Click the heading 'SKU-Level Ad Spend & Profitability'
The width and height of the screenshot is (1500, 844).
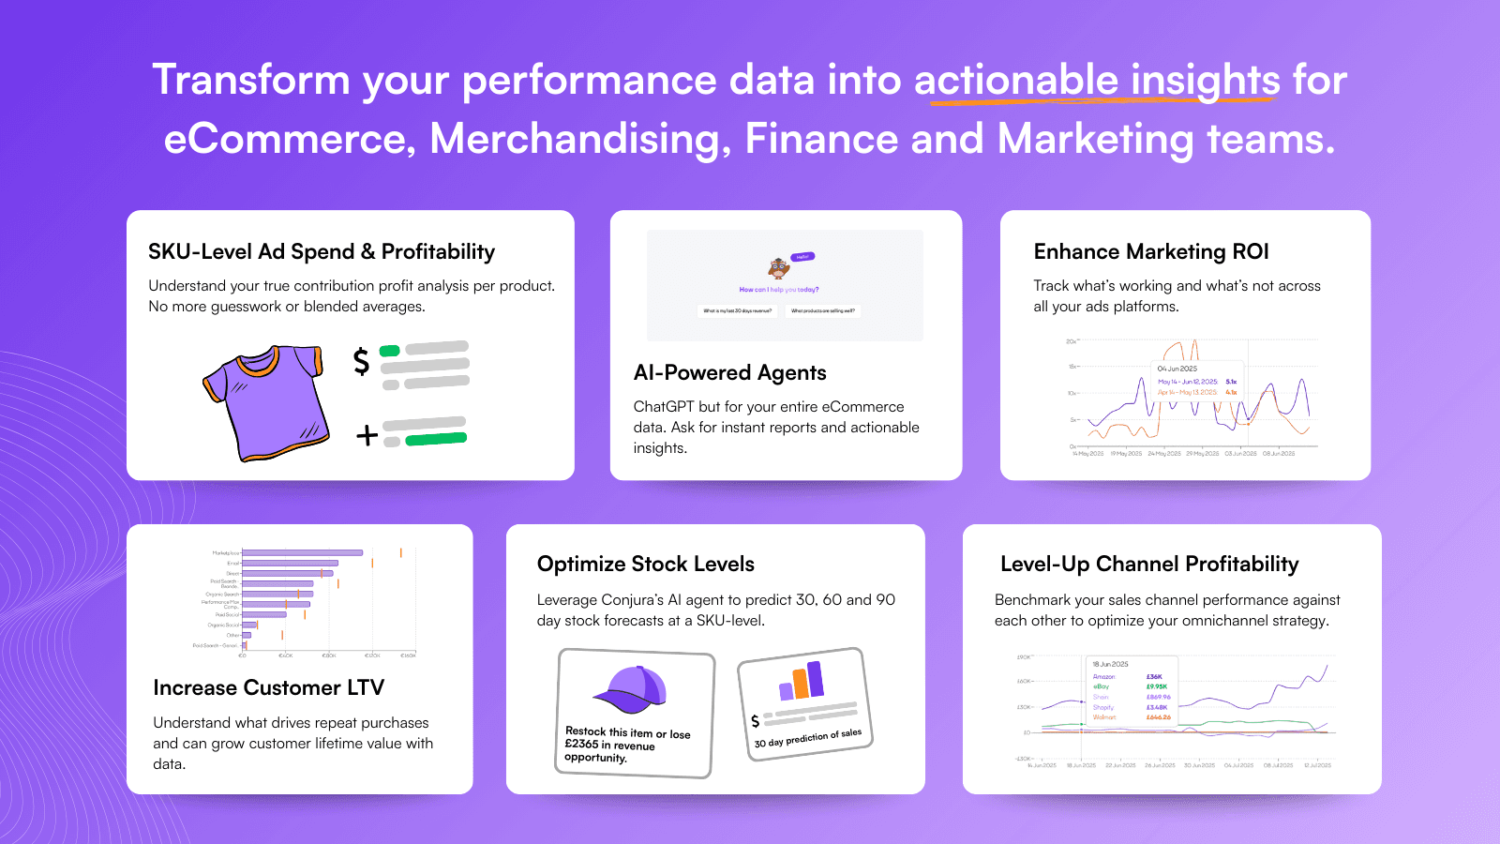coord(322,251)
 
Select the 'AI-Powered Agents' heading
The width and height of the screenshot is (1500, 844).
coord(729,372)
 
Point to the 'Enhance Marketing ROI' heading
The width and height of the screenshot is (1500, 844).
coord(1151,251)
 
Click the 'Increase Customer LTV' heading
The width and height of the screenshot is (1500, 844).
coord(268,687)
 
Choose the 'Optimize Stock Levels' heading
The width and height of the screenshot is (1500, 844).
coord(645,564)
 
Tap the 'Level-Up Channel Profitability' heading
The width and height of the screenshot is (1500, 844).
coord(1149,564)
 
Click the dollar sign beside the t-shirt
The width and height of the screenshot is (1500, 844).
coord(361,360)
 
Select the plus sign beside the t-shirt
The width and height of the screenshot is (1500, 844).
coord(367,435)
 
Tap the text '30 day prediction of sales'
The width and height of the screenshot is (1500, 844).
coord(807,738)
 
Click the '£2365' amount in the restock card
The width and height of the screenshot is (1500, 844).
coord(581,745)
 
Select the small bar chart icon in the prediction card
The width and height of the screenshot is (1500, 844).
coord(802,680)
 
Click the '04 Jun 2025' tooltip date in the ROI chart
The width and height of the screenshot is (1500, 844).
coord(1177,369)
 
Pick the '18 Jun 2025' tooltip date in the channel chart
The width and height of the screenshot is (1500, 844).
coord(1110,664)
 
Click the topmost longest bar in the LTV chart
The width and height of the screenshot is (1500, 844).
coord(302,553)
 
